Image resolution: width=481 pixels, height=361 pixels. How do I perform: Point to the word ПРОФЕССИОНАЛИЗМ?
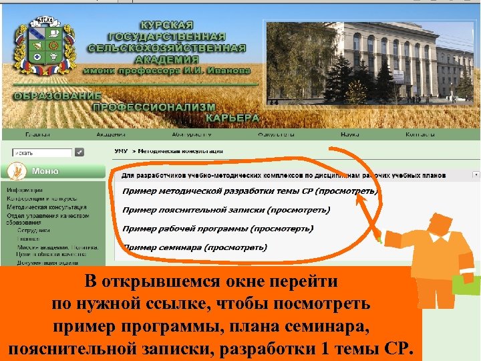click(x=154, y=107)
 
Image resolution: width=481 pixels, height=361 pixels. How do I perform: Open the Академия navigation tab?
click(x=110, y=134)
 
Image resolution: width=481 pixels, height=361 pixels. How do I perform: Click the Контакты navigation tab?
click(x=420, y=134)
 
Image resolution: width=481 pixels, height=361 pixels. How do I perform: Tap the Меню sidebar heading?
click(x=45, y=171)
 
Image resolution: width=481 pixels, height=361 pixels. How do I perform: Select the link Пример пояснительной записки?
click(x=226, y=210)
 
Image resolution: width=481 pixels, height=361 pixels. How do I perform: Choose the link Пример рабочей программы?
click(x=217, y=229)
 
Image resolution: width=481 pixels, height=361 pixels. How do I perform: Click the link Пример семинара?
click(x=194, y=247)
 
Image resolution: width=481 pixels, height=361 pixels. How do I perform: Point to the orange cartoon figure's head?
click(x=440, y=228)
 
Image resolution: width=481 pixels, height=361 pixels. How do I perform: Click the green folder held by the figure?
click(x=466, y=285)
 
